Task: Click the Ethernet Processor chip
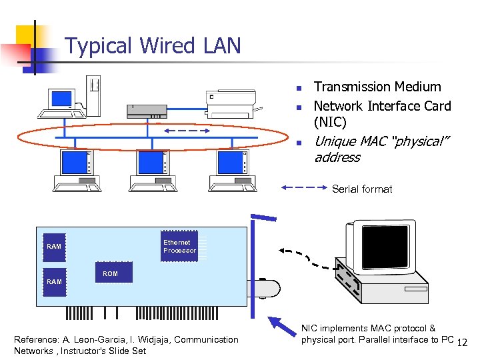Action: [179, 247]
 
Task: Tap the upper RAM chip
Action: [55, 246]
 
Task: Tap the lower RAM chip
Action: [55, 281]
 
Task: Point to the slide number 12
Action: [464, 343]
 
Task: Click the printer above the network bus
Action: [231, 101]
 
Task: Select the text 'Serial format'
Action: [362, 189]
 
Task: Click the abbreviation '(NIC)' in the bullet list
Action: [330, 122]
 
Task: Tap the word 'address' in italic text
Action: [337, 157]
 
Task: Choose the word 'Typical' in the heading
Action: [99, 46]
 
